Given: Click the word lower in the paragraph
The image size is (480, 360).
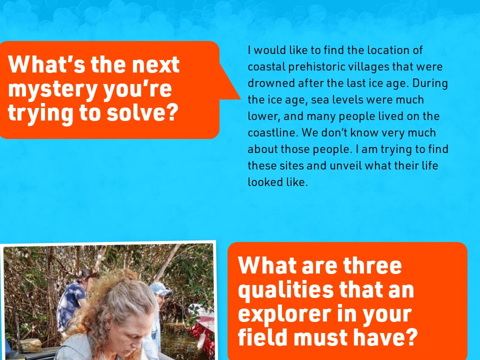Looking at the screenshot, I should pyautogui.click(x=261, y=116).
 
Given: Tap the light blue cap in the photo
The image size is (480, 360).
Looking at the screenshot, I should pyautogui.click(x=160, y=288).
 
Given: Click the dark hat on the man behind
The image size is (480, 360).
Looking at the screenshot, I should pyautogui.click(x=85, y=273).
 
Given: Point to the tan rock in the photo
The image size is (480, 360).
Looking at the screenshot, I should pyautogui.click(x=31, y=344).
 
